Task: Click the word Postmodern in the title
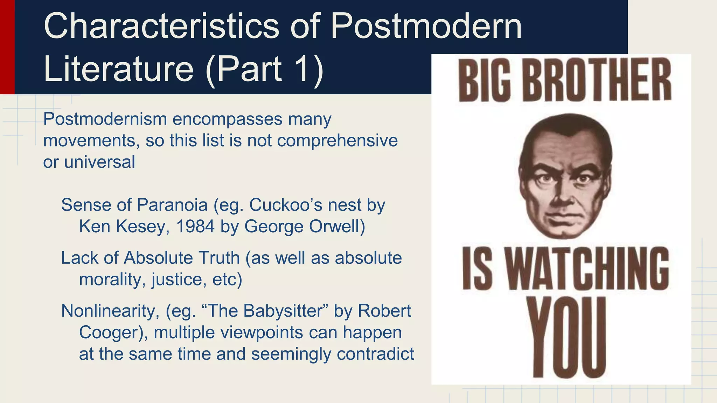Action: [x=426, y=26]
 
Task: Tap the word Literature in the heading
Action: [x=118, y=69]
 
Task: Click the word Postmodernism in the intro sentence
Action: [x=105, y=120]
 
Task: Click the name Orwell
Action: [x=337, y=226]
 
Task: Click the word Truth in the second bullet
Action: [x=219, y=258]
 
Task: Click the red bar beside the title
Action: [x=7, y=47]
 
